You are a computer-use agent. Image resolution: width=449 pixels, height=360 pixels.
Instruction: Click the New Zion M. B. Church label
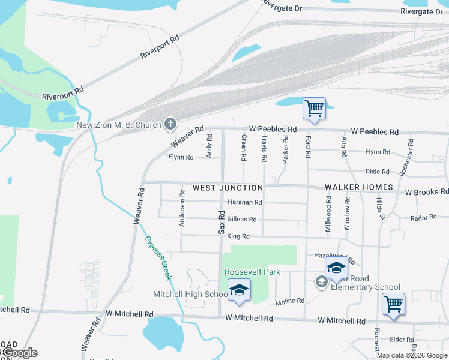point(119,125)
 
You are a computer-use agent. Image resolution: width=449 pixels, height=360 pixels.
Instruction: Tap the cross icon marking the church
point(170,125)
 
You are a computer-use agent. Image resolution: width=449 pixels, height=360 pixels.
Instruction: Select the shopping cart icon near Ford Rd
point(314,109)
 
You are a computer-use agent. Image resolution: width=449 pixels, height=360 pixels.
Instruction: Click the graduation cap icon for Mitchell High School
point(239,291)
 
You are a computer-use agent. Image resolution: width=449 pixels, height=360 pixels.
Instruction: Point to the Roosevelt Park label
point(253,272)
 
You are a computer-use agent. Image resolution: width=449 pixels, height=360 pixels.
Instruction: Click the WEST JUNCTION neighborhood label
point(228,188)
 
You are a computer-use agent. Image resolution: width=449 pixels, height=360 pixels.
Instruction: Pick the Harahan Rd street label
point(245,203)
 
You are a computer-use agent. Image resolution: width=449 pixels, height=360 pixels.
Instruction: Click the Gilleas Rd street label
point(241,220)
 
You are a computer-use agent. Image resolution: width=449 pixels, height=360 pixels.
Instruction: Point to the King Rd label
point(238,236)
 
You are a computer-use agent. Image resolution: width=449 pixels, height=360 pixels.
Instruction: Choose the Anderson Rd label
point(181,208)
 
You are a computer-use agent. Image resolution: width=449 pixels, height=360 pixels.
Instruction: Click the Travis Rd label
point(264,148)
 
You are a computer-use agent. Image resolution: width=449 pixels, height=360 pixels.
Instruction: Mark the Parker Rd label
point(286,149)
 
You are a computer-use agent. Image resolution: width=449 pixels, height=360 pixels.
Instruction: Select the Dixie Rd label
point(378,172)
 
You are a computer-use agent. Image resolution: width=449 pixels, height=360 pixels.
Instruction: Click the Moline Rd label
point(290,301)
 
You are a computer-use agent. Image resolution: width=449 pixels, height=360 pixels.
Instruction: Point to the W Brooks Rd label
point(426,193)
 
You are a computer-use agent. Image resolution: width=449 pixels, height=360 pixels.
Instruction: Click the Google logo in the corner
point(19,353)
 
